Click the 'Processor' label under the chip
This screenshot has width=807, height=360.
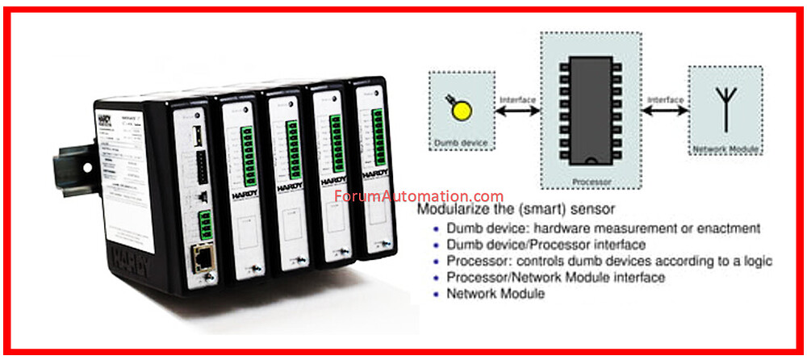(x=592, y=182)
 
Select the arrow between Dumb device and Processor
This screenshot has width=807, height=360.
(x=517, y=112)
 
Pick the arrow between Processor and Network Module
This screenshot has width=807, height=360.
(x=665, y=112)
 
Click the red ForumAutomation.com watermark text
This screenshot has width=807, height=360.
(x=418, y=196)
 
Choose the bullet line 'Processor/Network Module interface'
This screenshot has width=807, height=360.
(x=556, y=278)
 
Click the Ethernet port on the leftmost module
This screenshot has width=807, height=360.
(x=200, y=260)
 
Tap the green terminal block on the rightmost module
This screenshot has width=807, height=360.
(x=377, y=135)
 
